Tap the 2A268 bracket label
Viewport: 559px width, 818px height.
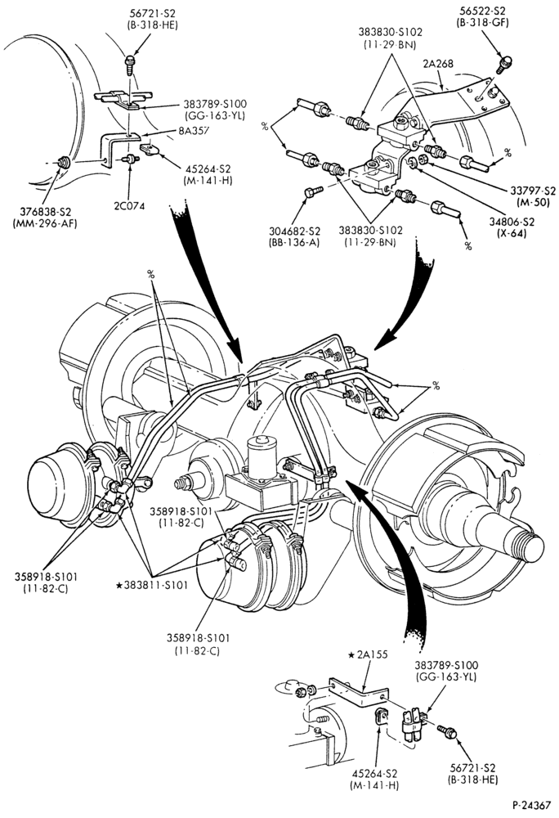pyautogui.click(x=438, y=64)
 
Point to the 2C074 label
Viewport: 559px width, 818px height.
pyautogui.click(x=128, y=205)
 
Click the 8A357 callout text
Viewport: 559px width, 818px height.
pyautogui.click(x=192, y=131)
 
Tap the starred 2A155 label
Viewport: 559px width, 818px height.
pyautogui.click(x=369, y=654)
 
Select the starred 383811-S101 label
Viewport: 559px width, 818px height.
pyautogui.click(x=152, y=586)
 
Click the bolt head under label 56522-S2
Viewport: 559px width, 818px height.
pyautogui.click(x=503, y=64)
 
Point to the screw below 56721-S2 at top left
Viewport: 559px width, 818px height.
pyautogui.click(x=130, y=65)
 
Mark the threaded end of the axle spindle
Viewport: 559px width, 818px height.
pyautogui.click(x=528, y=544)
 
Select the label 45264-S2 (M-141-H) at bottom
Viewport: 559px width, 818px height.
pyautogui.click(x=374, y=779)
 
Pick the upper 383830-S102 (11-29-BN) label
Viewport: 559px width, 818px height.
pyautogui.click(x=390, y=38)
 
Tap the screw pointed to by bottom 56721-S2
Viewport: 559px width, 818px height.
pyautogui.click(x=448, y=732)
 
